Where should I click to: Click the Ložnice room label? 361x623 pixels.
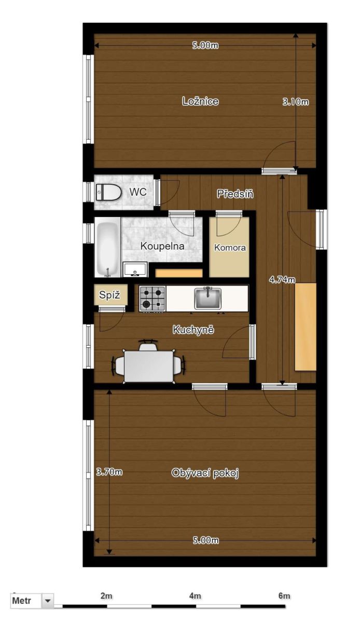click(x=200, y=101)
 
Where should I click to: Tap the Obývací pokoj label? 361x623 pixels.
click(x=205, y=472)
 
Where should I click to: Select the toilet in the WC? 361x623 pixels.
click(x=108, y=192)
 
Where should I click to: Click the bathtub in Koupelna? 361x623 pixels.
click(x=107, y=247)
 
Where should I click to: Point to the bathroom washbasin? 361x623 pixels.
click(x=135, y=269)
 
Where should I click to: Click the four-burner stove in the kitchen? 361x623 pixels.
click(x=152, y=299)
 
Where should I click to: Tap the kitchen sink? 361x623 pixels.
click(x=207, y=298)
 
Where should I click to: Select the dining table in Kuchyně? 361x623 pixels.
click(x=149, y=367)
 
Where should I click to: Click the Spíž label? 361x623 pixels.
click(x=109, y=295)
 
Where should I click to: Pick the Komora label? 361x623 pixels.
click(x=230, y=247)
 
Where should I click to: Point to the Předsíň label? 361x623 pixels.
click(x=235, y=194)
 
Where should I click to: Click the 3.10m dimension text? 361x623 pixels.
click(x=296, y=102)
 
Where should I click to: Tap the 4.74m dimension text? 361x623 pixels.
click(x=282, y=279)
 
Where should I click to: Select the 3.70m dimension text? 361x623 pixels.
click(x=109, y=472)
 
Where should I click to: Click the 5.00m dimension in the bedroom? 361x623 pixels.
click(x=205, y=45)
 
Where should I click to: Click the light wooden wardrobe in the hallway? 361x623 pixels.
click(x=306, y=327)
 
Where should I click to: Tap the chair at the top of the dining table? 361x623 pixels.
click(x=148, y=345)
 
